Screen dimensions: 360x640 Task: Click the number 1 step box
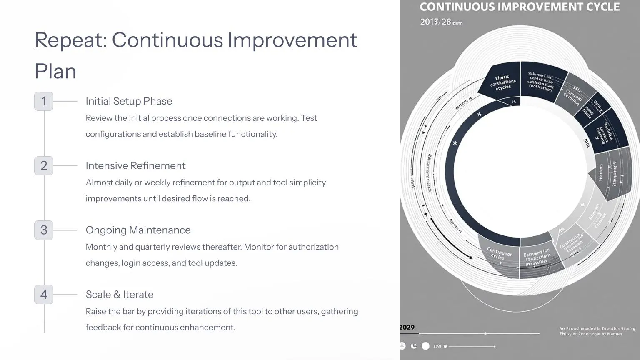coord(44,101)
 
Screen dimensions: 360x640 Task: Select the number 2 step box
coord(44,166)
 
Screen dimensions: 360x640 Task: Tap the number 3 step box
coord(44,230)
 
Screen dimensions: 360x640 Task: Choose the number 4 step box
coord(44,295)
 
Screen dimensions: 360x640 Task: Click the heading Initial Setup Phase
coord(129,101)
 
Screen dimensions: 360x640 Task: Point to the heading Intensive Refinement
coord(135,166)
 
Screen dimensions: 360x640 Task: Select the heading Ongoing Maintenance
coord(138,230)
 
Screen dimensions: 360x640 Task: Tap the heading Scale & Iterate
coord(120,295)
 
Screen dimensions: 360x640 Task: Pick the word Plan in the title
coord(55,72)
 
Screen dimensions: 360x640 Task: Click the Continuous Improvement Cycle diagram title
coord(520,7)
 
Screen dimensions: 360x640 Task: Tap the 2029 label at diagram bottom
coord(407,327)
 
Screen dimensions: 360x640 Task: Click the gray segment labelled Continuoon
coord(499,255)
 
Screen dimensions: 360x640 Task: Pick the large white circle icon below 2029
coord(425,346)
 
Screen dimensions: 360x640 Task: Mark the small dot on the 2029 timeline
coord(485,333)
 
